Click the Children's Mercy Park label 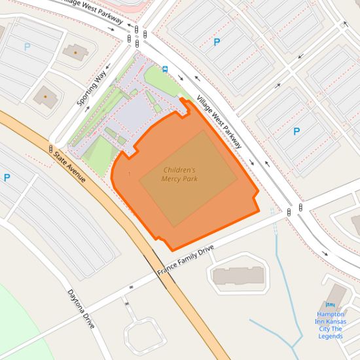(x=179, y=174)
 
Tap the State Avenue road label (x=70, y=167)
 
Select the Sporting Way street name (x=91, y=90)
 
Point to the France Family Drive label (x=185, y=261)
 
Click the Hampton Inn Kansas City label (x=330, y=325)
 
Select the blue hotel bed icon (x=330, y=305)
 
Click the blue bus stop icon (x=165, y=68)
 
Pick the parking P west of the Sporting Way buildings (x=27, y=47)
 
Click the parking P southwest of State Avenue (x=7, y=177)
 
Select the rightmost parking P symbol (x=297, y=132)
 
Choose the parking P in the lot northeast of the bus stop (x=217, y=43)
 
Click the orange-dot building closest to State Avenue (x=45, y=96)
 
